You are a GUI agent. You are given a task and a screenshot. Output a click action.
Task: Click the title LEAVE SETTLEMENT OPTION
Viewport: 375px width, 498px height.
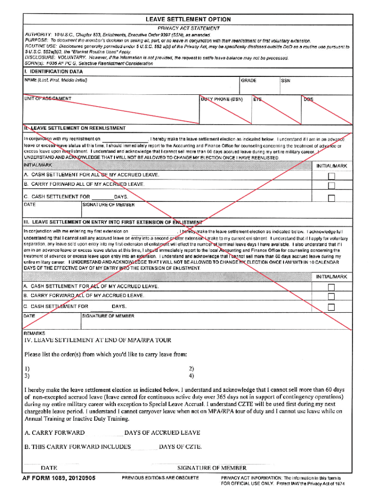tap(187, 19)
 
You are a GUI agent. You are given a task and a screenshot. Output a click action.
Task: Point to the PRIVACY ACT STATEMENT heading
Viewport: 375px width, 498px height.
tap(187, 28)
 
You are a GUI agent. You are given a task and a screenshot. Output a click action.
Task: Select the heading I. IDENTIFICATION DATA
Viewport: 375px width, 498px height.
tap(54, 71)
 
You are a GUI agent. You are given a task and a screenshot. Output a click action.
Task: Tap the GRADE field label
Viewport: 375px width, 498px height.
tap(248, 81)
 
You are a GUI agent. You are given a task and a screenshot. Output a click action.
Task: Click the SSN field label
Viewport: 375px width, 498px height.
tap(286, 81)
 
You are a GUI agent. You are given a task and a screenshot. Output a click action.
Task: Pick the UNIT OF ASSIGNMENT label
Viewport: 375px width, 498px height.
tap(48, 99)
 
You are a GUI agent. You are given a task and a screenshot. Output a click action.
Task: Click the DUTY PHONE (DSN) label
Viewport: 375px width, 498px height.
tap(222, 99)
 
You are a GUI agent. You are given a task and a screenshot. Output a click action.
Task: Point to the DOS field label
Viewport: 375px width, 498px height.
tap(308, 99)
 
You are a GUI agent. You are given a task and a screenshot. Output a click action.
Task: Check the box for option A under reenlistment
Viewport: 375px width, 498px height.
tap(331, 176)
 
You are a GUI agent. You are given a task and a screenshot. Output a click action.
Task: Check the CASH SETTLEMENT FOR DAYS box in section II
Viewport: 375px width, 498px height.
tap(331, 198)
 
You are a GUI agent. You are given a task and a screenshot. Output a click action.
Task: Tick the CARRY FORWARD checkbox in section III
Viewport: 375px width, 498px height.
tap(331, 297)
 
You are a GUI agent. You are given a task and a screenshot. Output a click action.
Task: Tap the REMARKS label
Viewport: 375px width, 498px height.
tap(35, 333)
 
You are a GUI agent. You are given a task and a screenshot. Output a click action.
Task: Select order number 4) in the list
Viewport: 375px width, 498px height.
tap(191, 375)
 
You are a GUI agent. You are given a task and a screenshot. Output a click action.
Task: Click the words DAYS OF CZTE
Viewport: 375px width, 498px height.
tap(180, 446)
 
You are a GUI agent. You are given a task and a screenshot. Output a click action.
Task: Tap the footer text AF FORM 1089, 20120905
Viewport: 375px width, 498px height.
tap(58, 478)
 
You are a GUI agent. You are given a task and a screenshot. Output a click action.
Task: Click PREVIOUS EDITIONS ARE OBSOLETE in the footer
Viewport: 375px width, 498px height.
tap(160, 478)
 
